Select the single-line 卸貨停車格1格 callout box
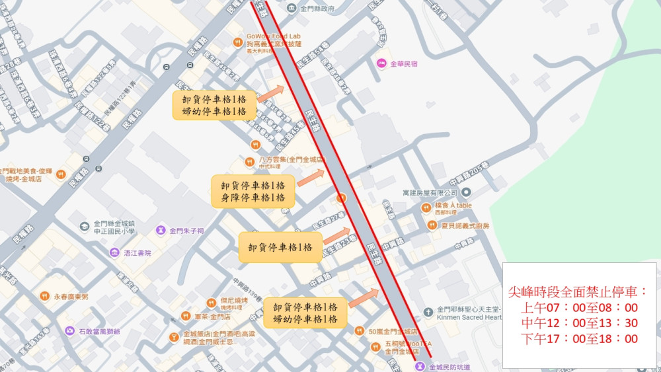280,247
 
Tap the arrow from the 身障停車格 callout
311,176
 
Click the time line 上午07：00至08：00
579,307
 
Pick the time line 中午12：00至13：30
579,323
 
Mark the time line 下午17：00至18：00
579,339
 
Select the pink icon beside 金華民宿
381,63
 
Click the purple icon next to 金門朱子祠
161,231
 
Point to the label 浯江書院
137,253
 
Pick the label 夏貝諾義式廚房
465,225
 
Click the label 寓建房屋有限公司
430,192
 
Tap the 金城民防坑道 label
449,367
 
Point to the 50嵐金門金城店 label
391,330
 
